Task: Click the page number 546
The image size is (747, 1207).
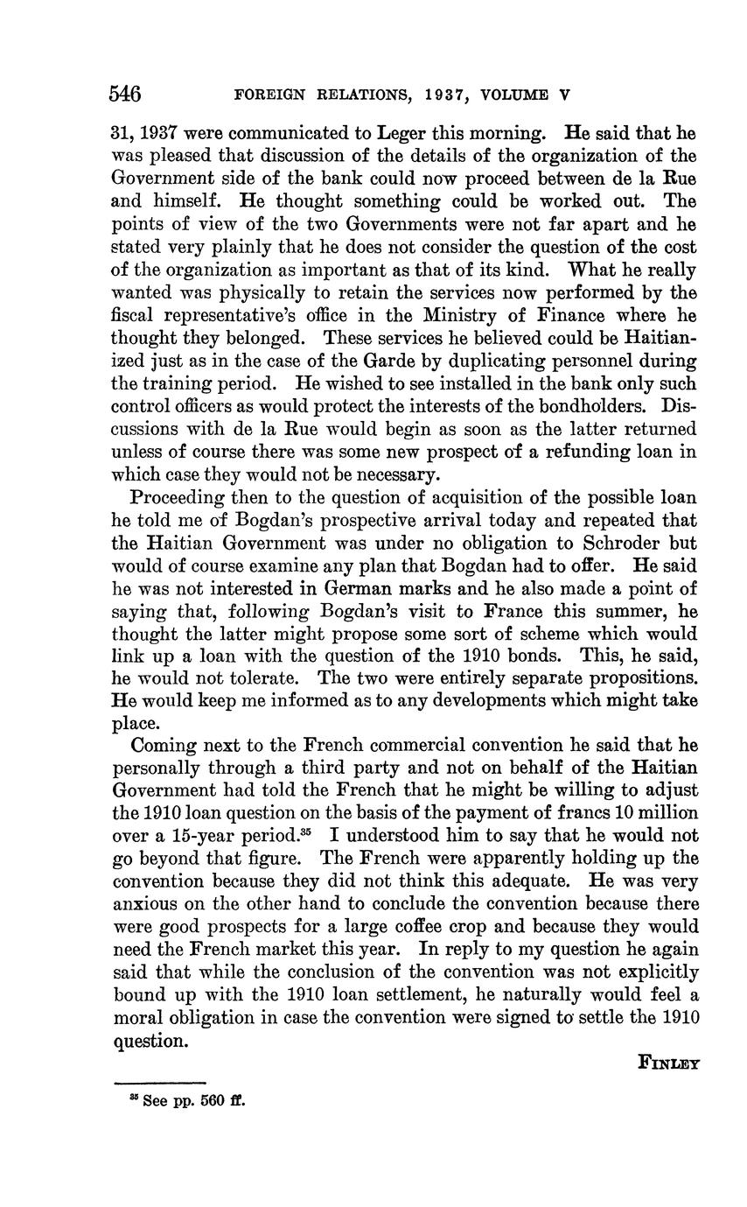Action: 126,95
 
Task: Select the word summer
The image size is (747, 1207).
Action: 627,610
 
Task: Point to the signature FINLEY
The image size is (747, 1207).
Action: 669,1063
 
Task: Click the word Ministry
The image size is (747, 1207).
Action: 437,315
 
